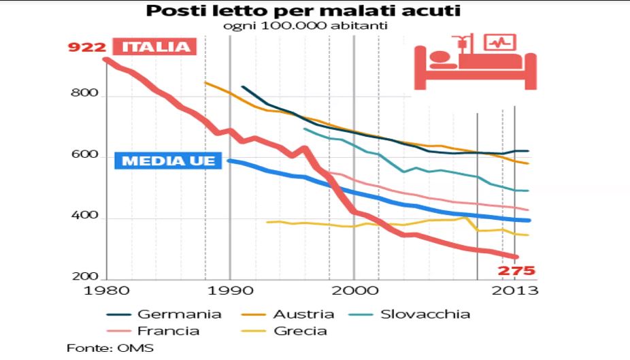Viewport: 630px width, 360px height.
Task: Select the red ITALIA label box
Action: pyautogui.click(x=155, y=47)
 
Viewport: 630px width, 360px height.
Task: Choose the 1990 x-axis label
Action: pyautogui.click(x=230, y=291)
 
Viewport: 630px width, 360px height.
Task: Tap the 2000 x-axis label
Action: pyautogui.click(x=354, y=291)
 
